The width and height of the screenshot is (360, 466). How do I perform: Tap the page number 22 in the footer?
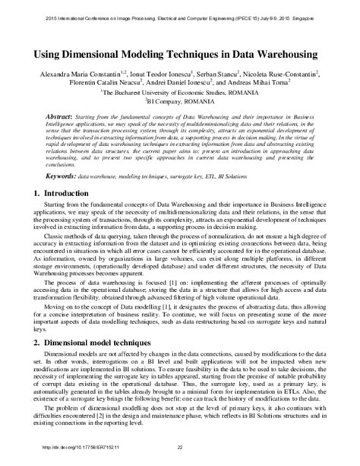(180, 457)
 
